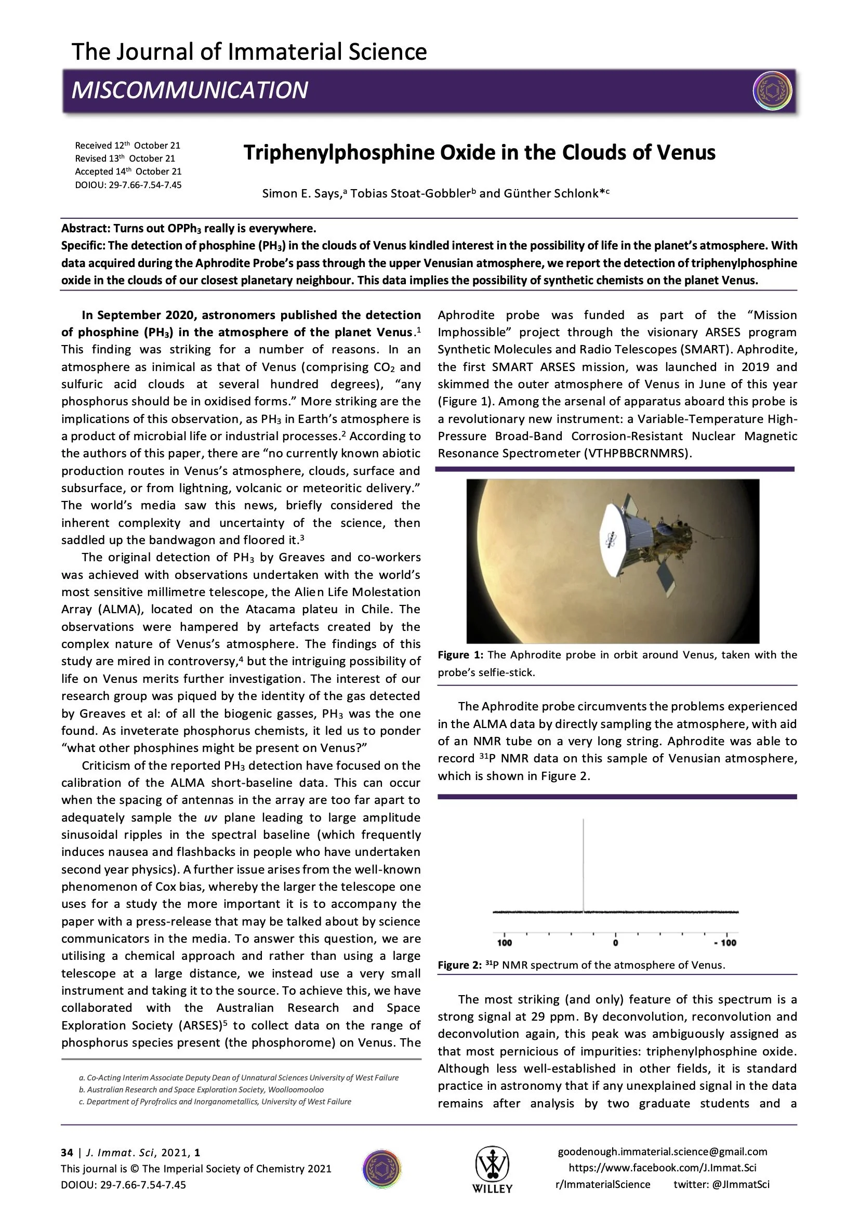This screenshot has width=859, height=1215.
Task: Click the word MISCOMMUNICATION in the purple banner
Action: click(x=190, y=90)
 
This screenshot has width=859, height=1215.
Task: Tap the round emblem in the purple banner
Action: click(x=772, y=90)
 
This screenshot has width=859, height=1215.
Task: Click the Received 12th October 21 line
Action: click(x=127, y=146)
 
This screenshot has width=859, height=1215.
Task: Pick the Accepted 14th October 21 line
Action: click(x=128, y=171)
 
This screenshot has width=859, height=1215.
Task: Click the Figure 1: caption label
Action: click(x=460, y=655)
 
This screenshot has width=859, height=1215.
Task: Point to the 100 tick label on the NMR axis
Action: click(x=505, y=943)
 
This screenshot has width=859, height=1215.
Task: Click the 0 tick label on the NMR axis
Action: click(x=615, y=943)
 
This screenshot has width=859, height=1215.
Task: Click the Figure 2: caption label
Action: click(x=460, y=965)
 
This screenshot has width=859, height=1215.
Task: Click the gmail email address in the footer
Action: click(x=662, y=1152)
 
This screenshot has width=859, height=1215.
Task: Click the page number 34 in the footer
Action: click(x=67, y=1153)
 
